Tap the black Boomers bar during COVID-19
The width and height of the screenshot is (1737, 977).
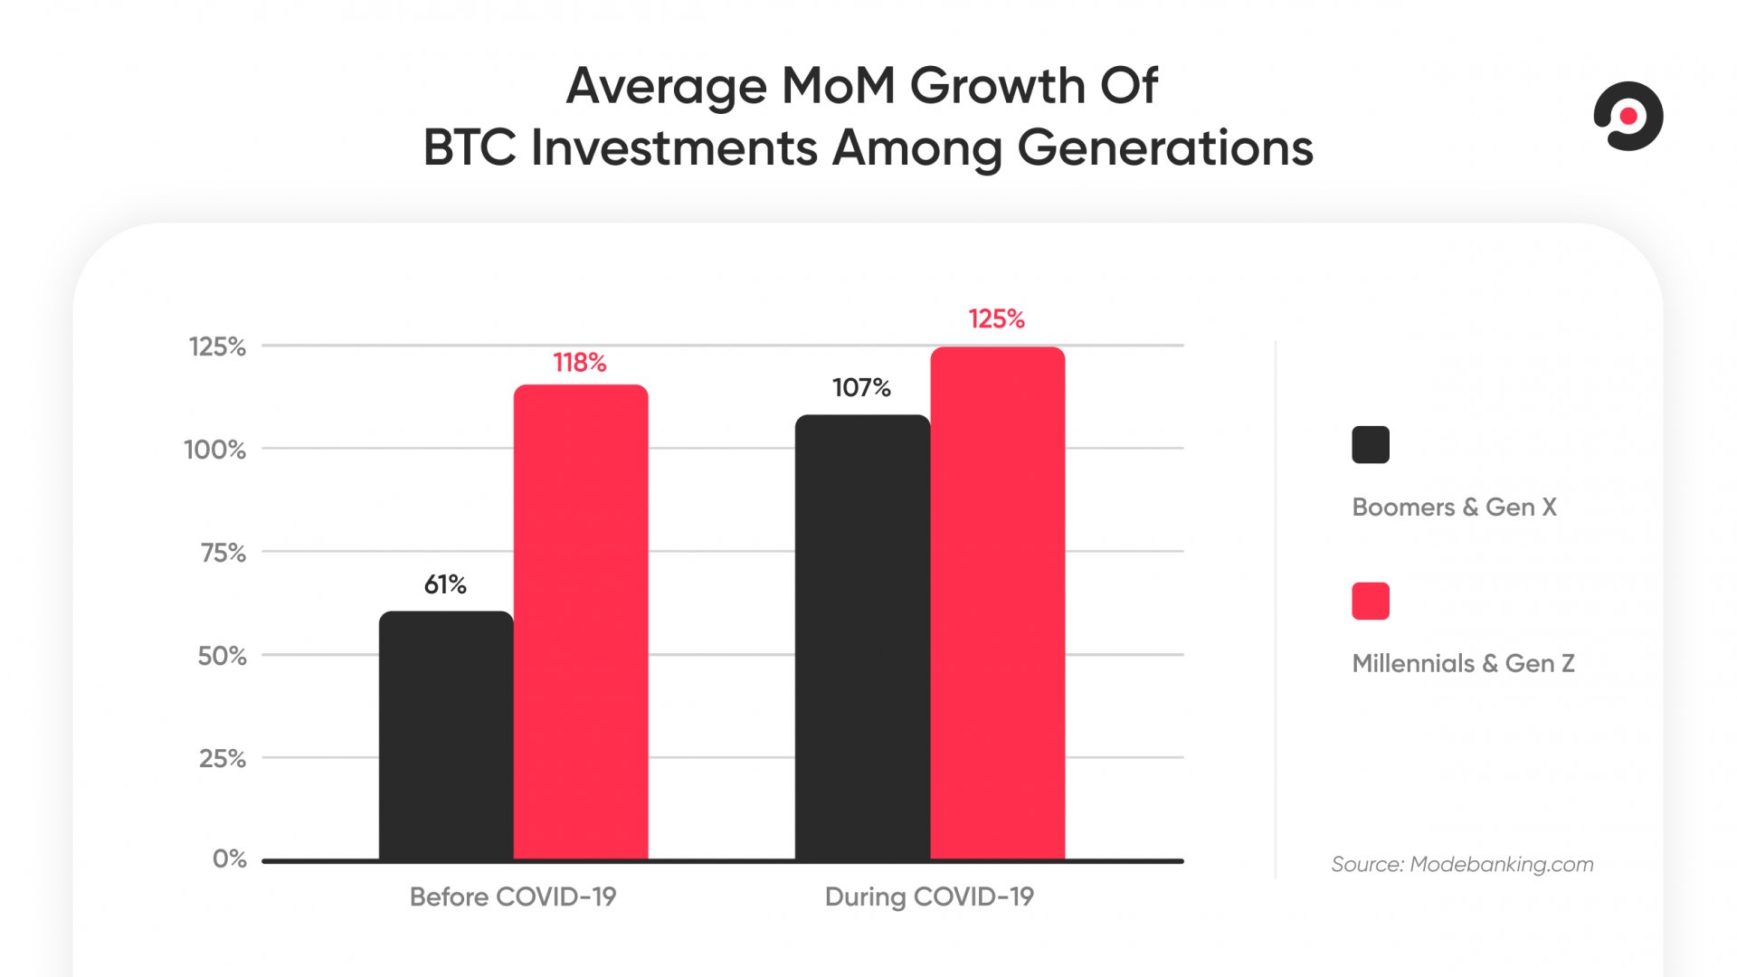(862, 637)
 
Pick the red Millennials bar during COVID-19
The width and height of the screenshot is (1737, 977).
(998, 603)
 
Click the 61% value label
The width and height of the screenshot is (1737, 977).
(445, 585)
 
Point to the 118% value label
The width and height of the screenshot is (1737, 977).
(580, 363)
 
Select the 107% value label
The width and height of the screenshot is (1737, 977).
(861, 388)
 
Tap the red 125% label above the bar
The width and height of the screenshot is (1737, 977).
(996, 319)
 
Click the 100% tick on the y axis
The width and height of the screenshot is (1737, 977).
(215, 450)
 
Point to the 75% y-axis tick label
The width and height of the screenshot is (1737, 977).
(223, 553)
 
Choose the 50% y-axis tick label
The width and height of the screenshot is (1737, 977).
(223, 656)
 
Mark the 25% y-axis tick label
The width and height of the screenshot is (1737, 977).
(223, 758)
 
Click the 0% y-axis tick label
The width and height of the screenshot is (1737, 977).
(230, 858)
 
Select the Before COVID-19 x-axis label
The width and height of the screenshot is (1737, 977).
(513, 896)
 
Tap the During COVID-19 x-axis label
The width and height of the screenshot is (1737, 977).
(929, 896)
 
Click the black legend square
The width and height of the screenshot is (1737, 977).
(1371, 445)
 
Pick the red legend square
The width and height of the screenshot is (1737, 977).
(1371, 602)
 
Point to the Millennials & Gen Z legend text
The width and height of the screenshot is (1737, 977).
(1463, 663)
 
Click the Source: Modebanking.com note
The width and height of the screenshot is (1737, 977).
(1462, 864)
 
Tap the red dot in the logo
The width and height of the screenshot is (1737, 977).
(1628, 116)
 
